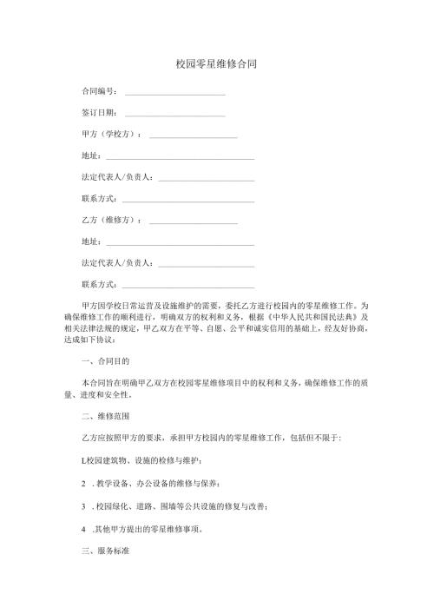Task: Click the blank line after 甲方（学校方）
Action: point(194,137)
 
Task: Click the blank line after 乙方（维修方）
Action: point(194,223)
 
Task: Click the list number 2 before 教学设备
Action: point(82,484)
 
